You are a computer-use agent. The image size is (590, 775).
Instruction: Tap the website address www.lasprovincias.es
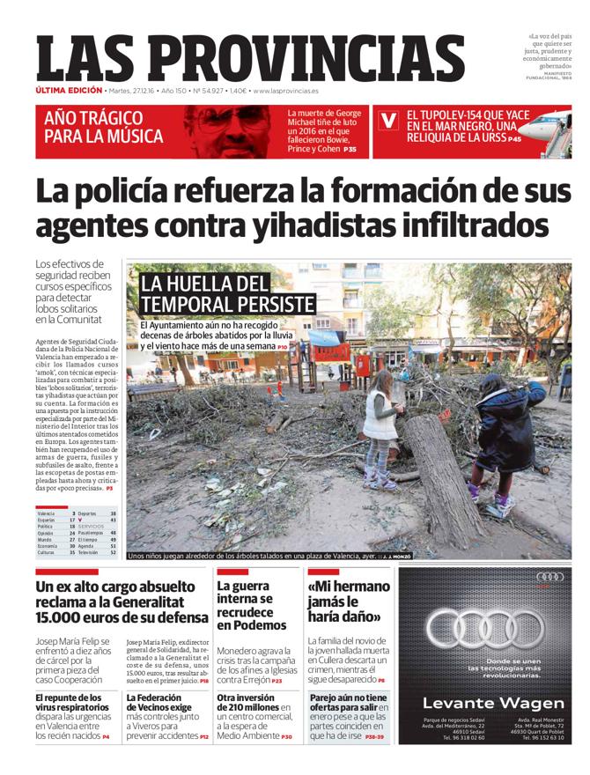[x=285, y=91]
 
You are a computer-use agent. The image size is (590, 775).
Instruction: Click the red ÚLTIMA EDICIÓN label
[x=69, y=91]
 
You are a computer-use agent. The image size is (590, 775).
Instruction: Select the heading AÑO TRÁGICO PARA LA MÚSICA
[x=104, y=128]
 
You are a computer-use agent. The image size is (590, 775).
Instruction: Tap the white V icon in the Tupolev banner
[x=387, y=122]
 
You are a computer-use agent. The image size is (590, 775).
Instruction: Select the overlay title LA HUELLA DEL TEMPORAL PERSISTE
[x=227, y=294]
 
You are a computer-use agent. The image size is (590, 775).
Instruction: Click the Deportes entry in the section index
[x=87, y=513]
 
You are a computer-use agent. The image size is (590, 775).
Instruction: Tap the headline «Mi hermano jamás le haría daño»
[x=349, y=601]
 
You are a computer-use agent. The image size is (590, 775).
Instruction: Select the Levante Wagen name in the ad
[x=493, y=703]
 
